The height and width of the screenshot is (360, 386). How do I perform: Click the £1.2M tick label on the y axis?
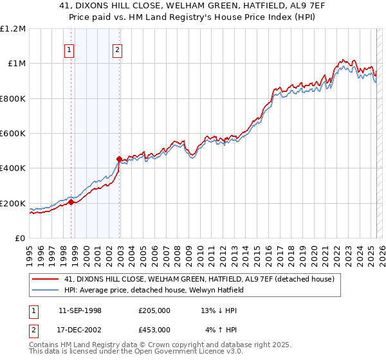click(x=14, y=28)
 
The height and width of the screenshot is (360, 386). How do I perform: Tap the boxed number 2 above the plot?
click(x=118, y=51)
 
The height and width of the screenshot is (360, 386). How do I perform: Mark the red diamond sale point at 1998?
click(x=71, y=202)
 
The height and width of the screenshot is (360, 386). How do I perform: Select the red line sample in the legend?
click(x=45, y=279)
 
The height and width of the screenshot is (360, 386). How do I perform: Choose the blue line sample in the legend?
click(x=45, y=290)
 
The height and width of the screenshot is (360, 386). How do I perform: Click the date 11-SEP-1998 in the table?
click(x=80, y=310)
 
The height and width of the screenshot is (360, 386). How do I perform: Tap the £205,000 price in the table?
click(x=154, y=310)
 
